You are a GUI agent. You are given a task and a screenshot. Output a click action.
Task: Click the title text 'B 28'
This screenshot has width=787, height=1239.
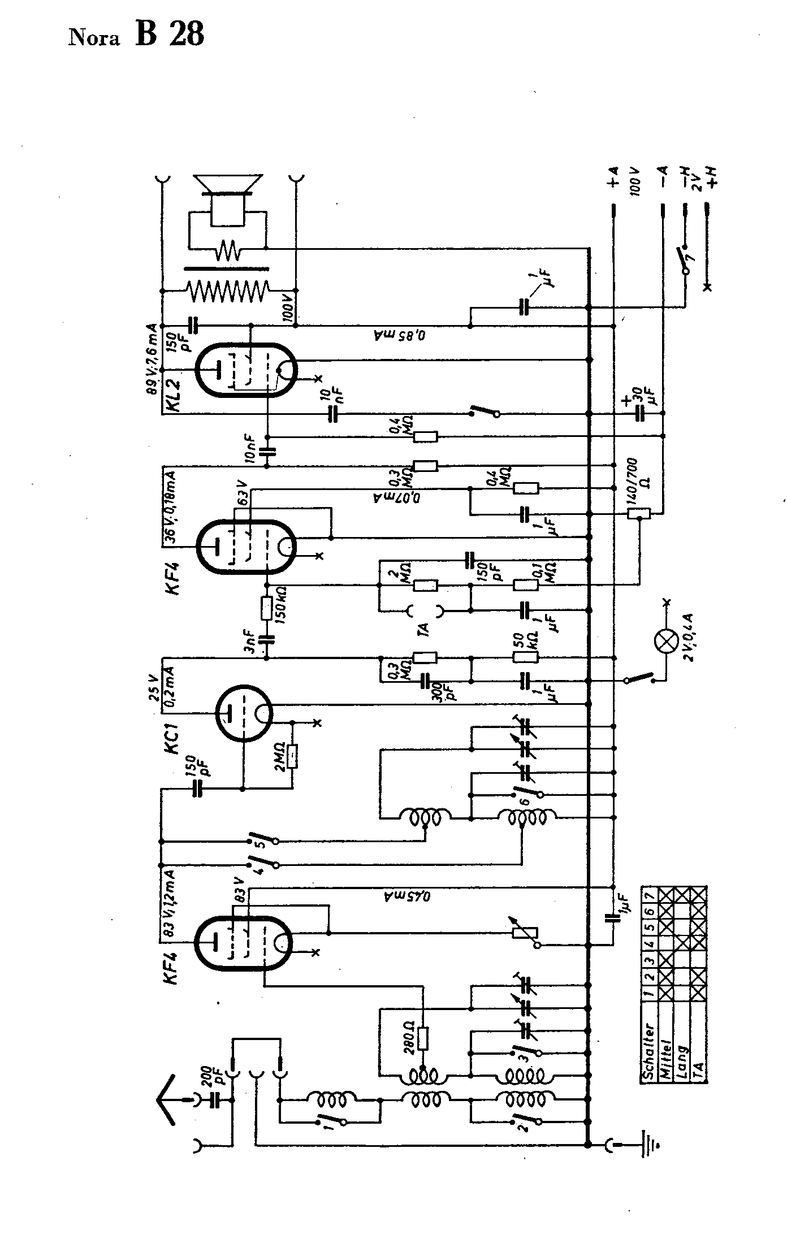click(x=169, y=35)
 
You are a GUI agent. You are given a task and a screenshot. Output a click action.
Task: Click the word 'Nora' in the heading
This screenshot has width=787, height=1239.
click(x=94, y=38)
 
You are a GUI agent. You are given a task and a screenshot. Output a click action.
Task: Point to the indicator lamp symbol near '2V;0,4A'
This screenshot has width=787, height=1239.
click(x=666, y=642)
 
